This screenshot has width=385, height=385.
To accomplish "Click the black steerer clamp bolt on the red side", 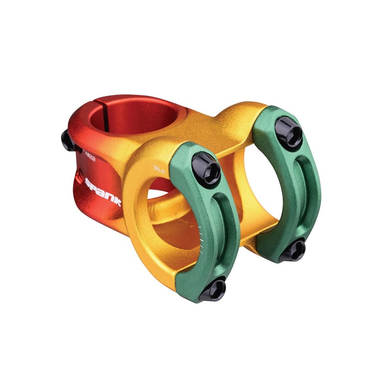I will pyautogui.click(x=67, y=141).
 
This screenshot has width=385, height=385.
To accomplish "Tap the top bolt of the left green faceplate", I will pyautogui.click(x=206, y=167).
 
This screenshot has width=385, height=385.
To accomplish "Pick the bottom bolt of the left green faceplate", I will pyautogui.click(x=212, y=289).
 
